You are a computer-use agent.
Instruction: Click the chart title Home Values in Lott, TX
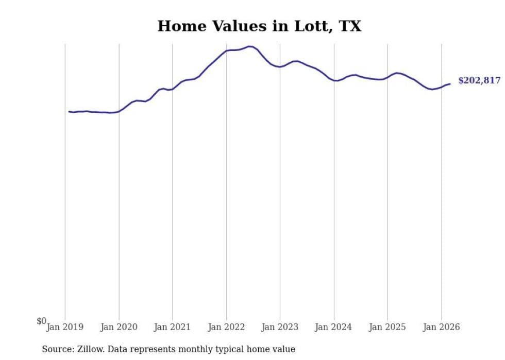pos(259,26)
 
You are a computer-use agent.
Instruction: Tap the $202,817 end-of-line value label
pos(479,80)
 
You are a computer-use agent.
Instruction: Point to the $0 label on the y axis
pos(41,321)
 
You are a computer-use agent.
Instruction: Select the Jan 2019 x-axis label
pos(65,327)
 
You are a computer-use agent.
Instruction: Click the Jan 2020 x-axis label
pos(119,327)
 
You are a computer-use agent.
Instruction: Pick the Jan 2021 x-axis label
pos(173,327)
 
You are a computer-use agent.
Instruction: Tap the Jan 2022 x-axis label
pos(226,327)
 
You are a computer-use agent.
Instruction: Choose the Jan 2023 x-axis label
pos(280,327)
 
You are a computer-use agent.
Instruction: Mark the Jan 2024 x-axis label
pos(334,327)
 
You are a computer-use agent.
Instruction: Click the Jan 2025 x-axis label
pos(388,327)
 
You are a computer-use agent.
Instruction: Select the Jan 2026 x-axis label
pos(442,327)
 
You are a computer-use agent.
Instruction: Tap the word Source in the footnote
pos(57,350)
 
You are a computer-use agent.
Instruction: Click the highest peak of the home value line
pos(250,46)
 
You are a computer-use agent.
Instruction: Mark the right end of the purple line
pos(450,84)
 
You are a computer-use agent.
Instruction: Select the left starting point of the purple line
pos(69,111)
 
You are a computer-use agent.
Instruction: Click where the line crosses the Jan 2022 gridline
pos(226,50)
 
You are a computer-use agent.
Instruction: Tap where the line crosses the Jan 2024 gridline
pos(334,80)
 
